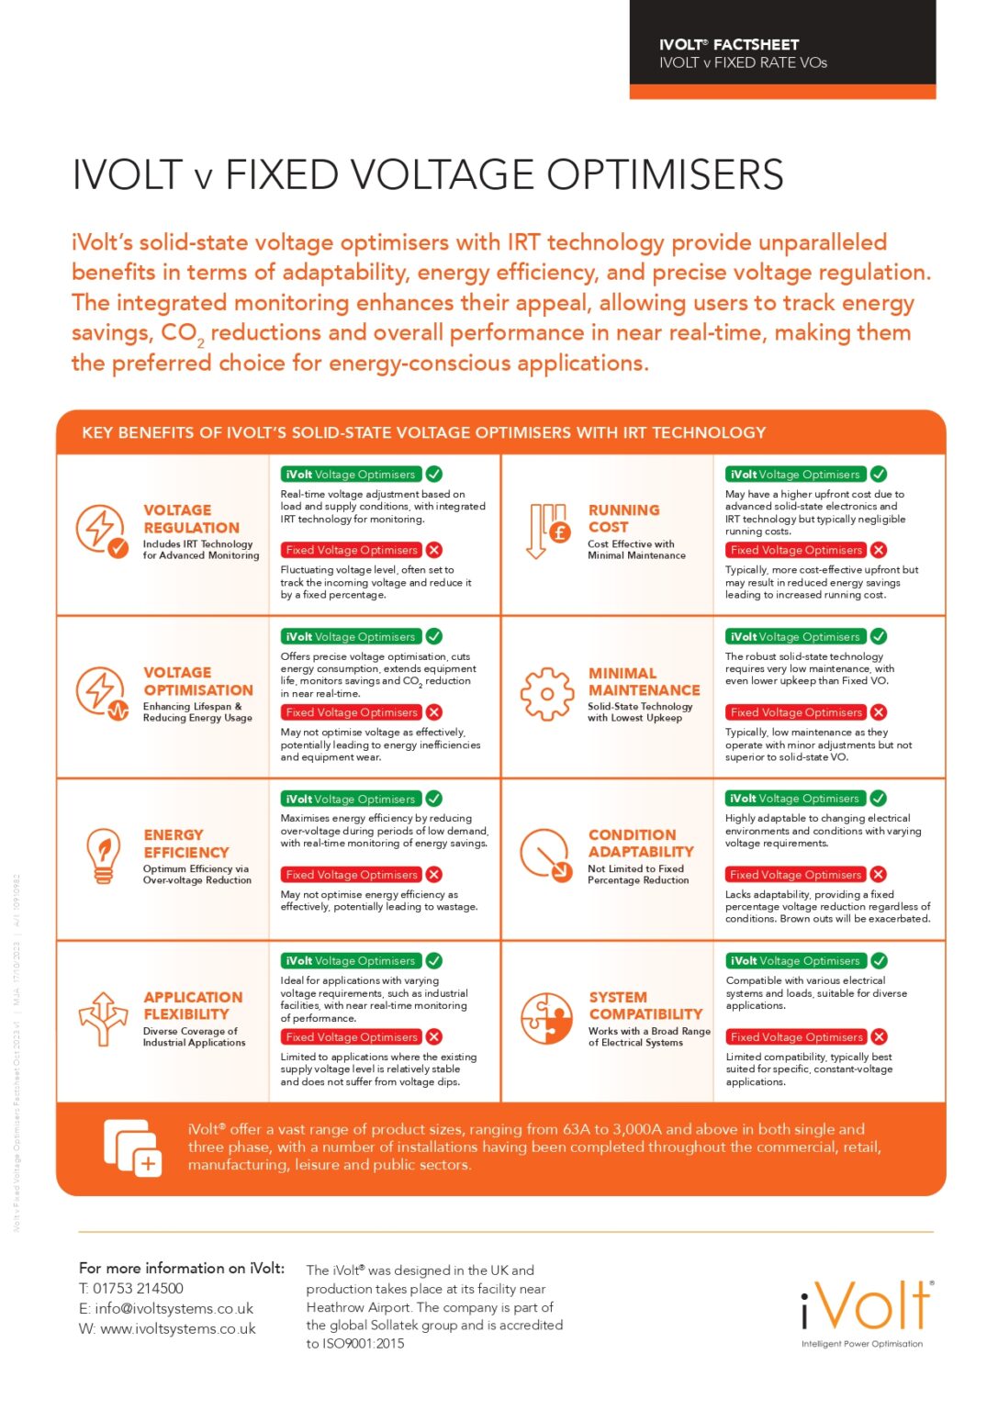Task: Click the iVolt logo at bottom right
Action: pos(866,1307)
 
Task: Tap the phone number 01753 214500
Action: pos(138,1289)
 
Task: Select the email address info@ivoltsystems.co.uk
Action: pos(174,1309)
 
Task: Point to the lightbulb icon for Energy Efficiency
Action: pos(103,855)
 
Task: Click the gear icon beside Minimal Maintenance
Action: pos(546,694)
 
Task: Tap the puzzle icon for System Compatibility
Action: pos(546,1018)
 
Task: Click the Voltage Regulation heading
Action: pos(190,519)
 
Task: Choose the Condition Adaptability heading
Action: pos(640,843)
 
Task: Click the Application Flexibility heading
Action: pos(192,1005)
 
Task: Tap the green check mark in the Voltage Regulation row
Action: pos(434,475)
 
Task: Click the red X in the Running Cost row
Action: pos(879,550)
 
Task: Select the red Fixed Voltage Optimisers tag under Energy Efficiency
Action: pos(352,875)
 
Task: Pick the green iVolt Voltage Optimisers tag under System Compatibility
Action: pos(795,961)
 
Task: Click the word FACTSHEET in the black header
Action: pos(756,44)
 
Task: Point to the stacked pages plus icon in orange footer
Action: pos(132,1147)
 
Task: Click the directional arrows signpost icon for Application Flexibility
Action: pos(103,1018)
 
